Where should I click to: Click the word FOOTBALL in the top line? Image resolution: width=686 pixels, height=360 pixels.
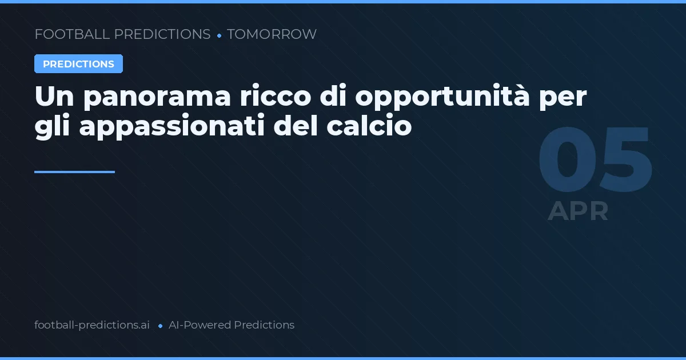click(x=72, y=34)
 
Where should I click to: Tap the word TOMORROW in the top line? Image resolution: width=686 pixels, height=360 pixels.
click(x=272, y=34)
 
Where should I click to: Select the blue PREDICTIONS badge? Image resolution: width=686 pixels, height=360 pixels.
click(x=78, y=64)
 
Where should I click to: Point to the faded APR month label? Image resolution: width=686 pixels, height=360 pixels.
click(x=578, y=211)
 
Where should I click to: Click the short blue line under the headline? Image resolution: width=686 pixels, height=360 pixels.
click(x=74, y=171)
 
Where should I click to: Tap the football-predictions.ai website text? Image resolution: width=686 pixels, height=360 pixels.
click(x=92, y=325)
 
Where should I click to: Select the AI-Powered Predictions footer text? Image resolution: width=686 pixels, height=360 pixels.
click(x=232, y=325)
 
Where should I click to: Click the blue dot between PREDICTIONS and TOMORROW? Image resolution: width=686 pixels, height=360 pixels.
click(x=219, y=35)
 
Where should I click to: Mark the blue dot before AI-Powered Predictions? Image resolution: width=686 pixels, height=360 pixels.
click(x=160, y=326)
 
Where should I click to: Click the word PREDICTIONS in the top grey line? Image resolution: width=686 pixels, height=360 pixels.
click(x=162, y=34)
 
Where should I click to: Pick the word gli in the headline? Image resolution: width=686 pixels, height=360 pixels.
click(x=52, y=127)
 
